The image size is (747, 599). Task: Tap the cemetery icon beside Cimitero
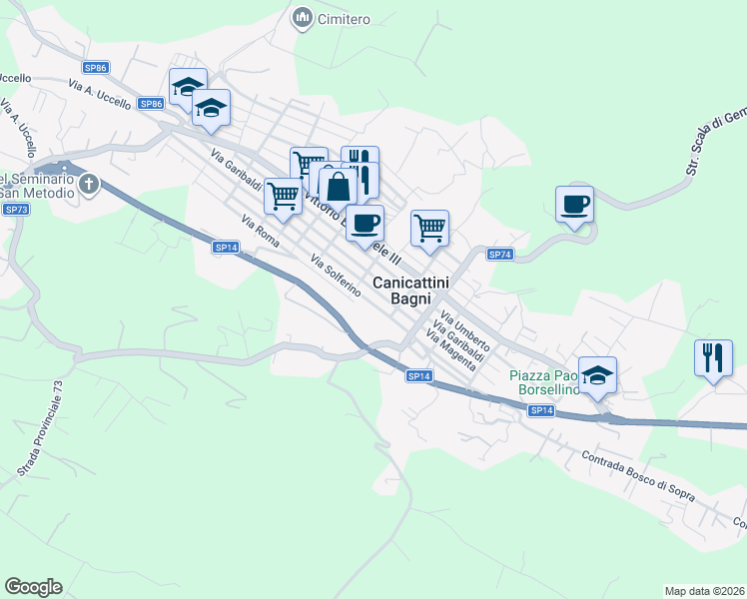(x=301, y=18)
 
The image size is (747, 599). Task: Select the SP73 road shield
(x=16, y=209)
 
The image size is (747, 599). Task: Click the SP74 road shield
(x=500, y=255)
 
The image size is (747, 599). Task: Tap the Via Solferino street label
(x=335, y=276)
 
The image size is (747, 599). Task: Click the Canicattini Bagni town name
(x=410, y=291)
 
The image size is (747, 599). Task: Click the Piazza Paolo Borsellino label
(x=544, y=382)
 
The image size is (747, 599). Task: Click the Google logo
(x=33, y=587)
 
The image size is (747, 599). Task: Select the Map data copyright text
(x=704, y=590)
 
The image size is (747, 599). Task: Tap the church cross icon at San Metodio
(x=89, y=184)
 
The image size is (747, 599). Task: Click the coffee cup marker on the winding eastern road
(x=574, y=205)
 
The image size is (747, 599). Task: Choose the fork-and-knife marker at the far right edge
(x=713, y=357)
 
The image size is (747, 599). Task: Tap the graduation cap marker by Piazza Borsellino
(x=598, y=375)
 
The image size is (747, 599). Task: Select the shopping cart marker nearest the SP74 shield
(x=429, y=227)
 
